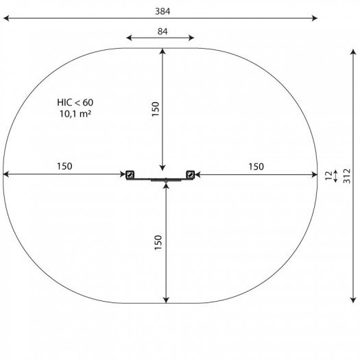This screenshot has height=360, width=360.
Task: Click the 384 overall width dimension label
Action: pyautogui.click(x=163, y=11)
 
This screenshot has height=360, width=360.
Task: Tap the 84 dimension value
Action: pyautogui.click(x=163, y=32)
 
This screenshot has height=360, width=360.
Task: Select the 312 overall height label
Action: pyautogui.click(x=347, y=176)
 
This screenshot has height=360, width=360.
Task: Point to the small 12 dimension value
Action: pyautogui.click(x=329, y=176)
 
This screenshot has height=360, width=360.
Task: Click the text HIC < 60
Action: pyautogui.click(x=75, y=102)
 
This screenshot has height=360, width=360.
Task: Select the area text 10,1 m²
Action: pyautogui.click(x=75, y=114)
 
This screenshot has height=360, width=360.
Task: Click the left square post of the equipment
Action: pyautogui.click(x=130, y=175)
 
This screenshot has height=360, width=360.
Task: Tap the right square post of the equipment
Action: pyautogui.click(x=191, y=175)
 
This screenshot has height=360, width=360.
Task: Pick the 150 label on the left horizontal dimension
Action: pyautogui.click(x=64, y=166)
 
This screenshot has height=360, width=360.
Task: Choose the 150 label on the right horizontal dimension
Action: pyautogui.click(x=256, y=167)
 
